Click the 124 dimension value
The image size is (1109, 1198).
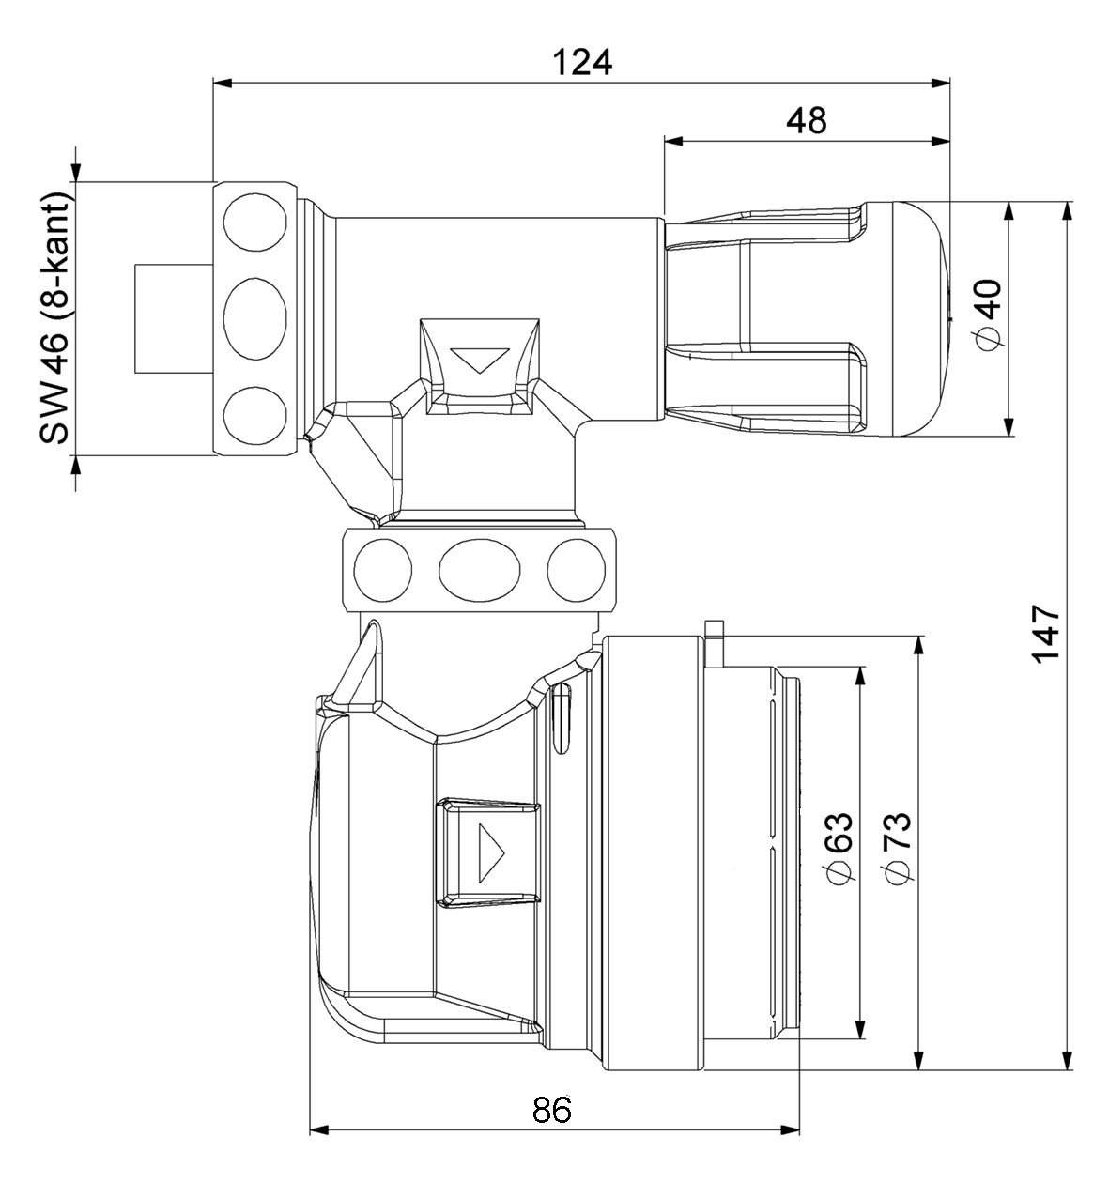tap(581, 62)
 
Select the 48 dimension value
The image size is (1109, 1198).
tap(807, 120)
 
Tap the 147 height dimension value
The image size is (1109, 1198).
tap(1045, 634)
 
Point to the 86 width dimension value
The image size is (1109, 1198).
tap(552, 1110)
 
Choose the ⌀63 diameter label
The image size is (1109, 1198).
tap(839, 847)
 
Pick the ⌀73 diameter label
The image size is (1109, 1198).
tap(897, 847)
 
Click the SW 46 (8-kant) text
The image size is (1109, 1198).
tap(54, 319)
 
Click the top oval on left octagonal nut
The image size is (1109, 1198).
tap(254, 223)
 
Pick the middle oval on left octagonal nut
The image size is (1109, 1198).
tap(254, 318)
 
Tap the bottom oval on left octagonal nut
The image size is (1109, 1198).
tap(254, 416)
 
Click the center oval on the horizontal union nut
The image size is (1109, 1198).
tap(479, 568)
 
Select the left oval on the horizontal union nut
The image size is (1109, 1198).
tap(382, 568)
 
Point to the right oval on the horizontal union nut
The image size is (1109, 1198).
tap(576, 568)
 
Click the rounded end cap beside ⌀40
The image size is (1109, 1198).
tap(906, 319)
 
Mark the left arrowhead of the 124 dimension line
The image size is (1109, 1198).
tap(222, 83)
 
